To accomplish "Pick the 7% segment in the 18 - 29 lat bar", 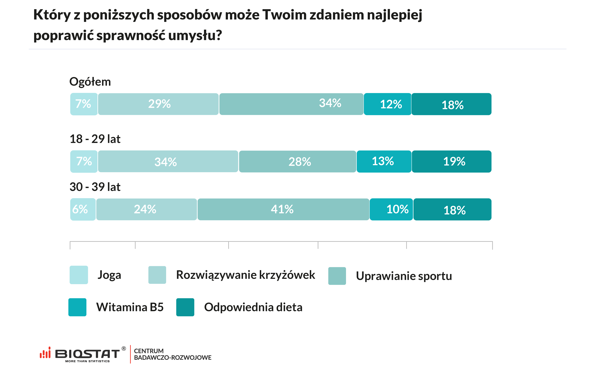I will pos(84,161).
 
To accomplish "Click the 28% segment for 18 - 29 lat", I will pos(297,161).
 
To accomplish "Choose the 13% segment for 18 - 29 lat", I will pos(384,161).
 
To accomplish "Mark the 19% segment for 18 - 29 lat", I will pos(451,161).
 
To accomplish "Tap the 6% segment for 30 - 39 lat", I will pos(83,209).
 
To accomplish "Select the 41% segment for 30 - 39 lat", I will pos(283,209).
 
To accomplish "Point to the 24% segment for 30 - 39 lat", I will pos(146,209).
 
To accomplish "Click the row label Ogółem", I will pos(90,82).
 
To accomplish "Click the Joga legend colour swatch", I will pos(79,275).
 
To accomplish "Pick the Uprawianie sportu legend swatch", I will pos(337,276).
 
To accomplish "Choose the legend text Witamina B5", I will pos(130,307).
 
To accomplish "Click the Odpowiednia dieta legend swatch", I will pos(185,307).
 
